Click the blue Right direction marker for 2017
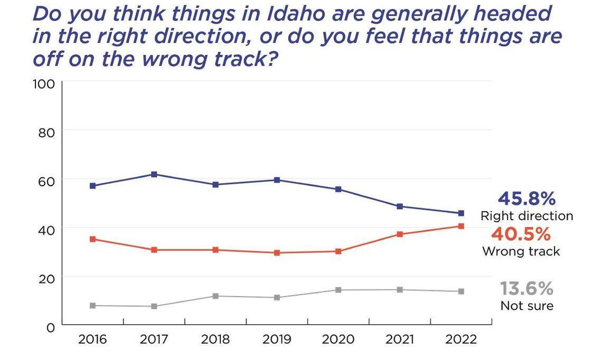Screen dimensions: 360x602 click(154, 174)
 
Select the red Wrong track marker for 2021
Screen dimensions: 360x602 click(400, 234)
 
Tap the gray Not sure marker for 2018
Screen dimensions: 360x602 click(215, 296)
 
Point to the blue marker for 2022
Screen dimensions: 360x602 click(461, 213)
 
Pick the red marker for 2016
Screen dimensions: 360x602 click(92, 239)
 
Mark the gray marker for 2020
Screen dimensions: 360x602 click(338, 290)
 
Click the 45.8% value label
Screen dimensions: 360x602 click(526, 199)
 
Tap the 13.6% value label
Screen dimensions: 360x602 click(526, 289)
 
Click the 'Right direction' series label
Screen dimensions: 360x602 click(526, 216)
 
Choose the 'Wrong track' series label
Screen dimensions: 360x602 click(521, 251)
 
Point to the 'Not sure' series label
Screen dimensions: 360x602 click(526, 306)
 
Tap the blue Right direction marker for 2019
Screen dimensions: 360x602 click(277, 180)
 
